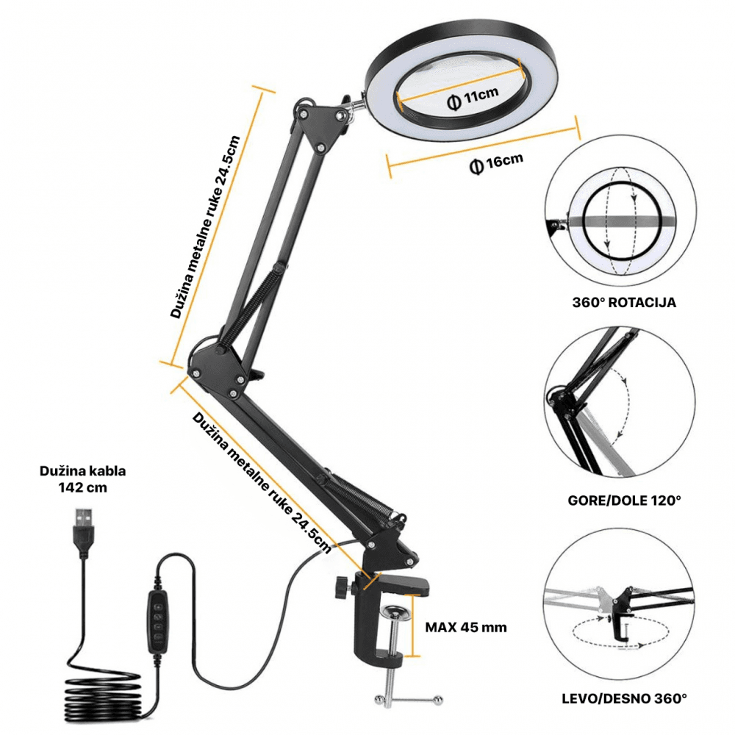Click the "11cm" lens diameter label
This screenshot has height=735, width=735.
pos(473,98)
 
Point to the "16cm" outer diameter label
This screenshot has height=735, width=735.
pos(497,163)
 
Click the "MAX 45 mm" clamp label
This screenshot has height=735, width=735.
pos(466,627)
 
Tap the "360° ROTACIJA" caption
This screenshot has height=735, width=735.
pos(623,302)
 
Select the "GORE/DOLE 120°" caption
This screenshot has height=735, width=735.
pos(624,500)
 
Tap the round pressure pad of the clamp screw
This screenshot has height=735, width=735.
pos(394,612)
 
